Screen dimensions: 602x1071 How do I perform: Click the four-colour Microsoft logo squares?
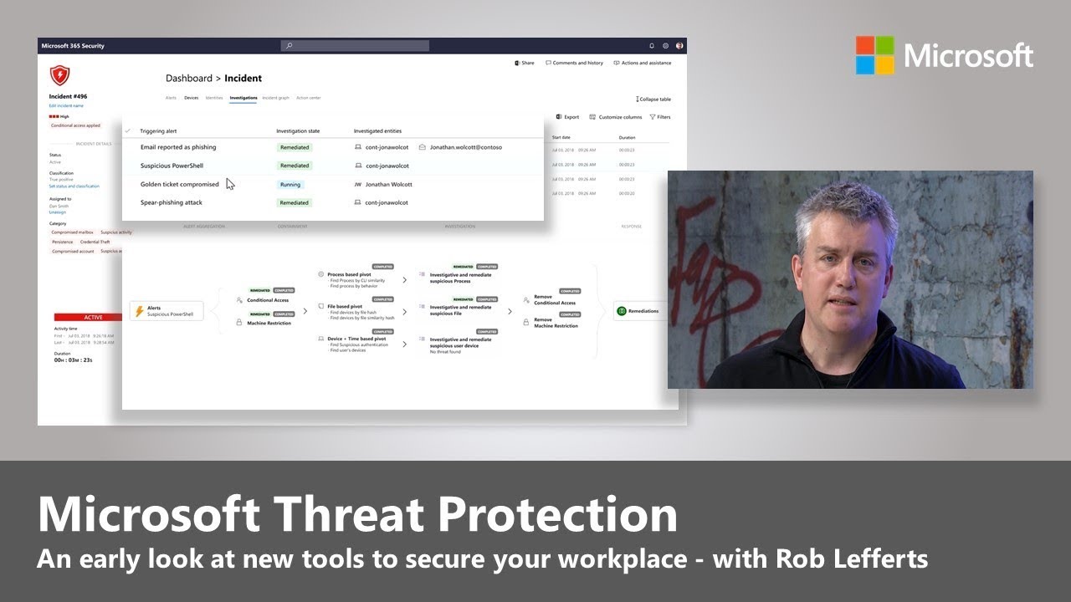point(875,55)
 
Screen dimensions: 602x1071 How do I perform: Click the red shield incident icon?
point(59,76)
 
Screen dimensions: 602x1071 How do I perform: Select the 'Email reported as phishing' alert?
point(177,147)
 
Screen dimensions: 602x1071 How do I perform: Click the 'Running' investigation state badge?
point(290,184)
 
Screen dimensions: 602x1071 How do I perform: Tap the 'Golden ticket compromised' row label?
point(179,184)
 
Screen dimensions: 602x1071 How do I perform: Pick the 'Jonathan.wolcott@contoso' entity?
point(465,147)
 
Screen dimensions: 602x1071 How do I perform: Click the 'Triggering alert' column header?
point(158,131)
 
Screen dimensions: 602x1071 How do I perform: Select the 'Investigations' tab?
point(243,98)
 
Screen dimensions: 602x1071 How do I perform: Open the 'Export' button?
point(567,117)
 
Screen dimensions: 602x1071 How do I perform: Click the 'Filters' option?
point(659,117)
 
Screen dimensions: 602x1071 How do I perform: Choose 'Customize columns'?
point(616,117)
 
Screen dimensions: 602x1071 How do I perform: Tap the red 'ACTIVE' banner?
point(93,318)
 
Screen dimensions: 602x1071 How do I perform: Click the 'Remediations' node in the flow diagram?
point(639,311)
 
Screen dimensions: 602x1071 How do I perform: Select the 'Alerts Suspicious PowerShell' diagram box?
point(167,311)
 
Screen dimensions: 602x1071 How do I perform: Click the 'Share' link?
point(525,63)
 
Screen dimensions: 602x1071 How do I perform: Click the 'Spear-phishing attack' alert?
point(171,202)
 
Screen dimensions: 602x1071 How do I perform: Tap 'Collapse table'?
point(653,99)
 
